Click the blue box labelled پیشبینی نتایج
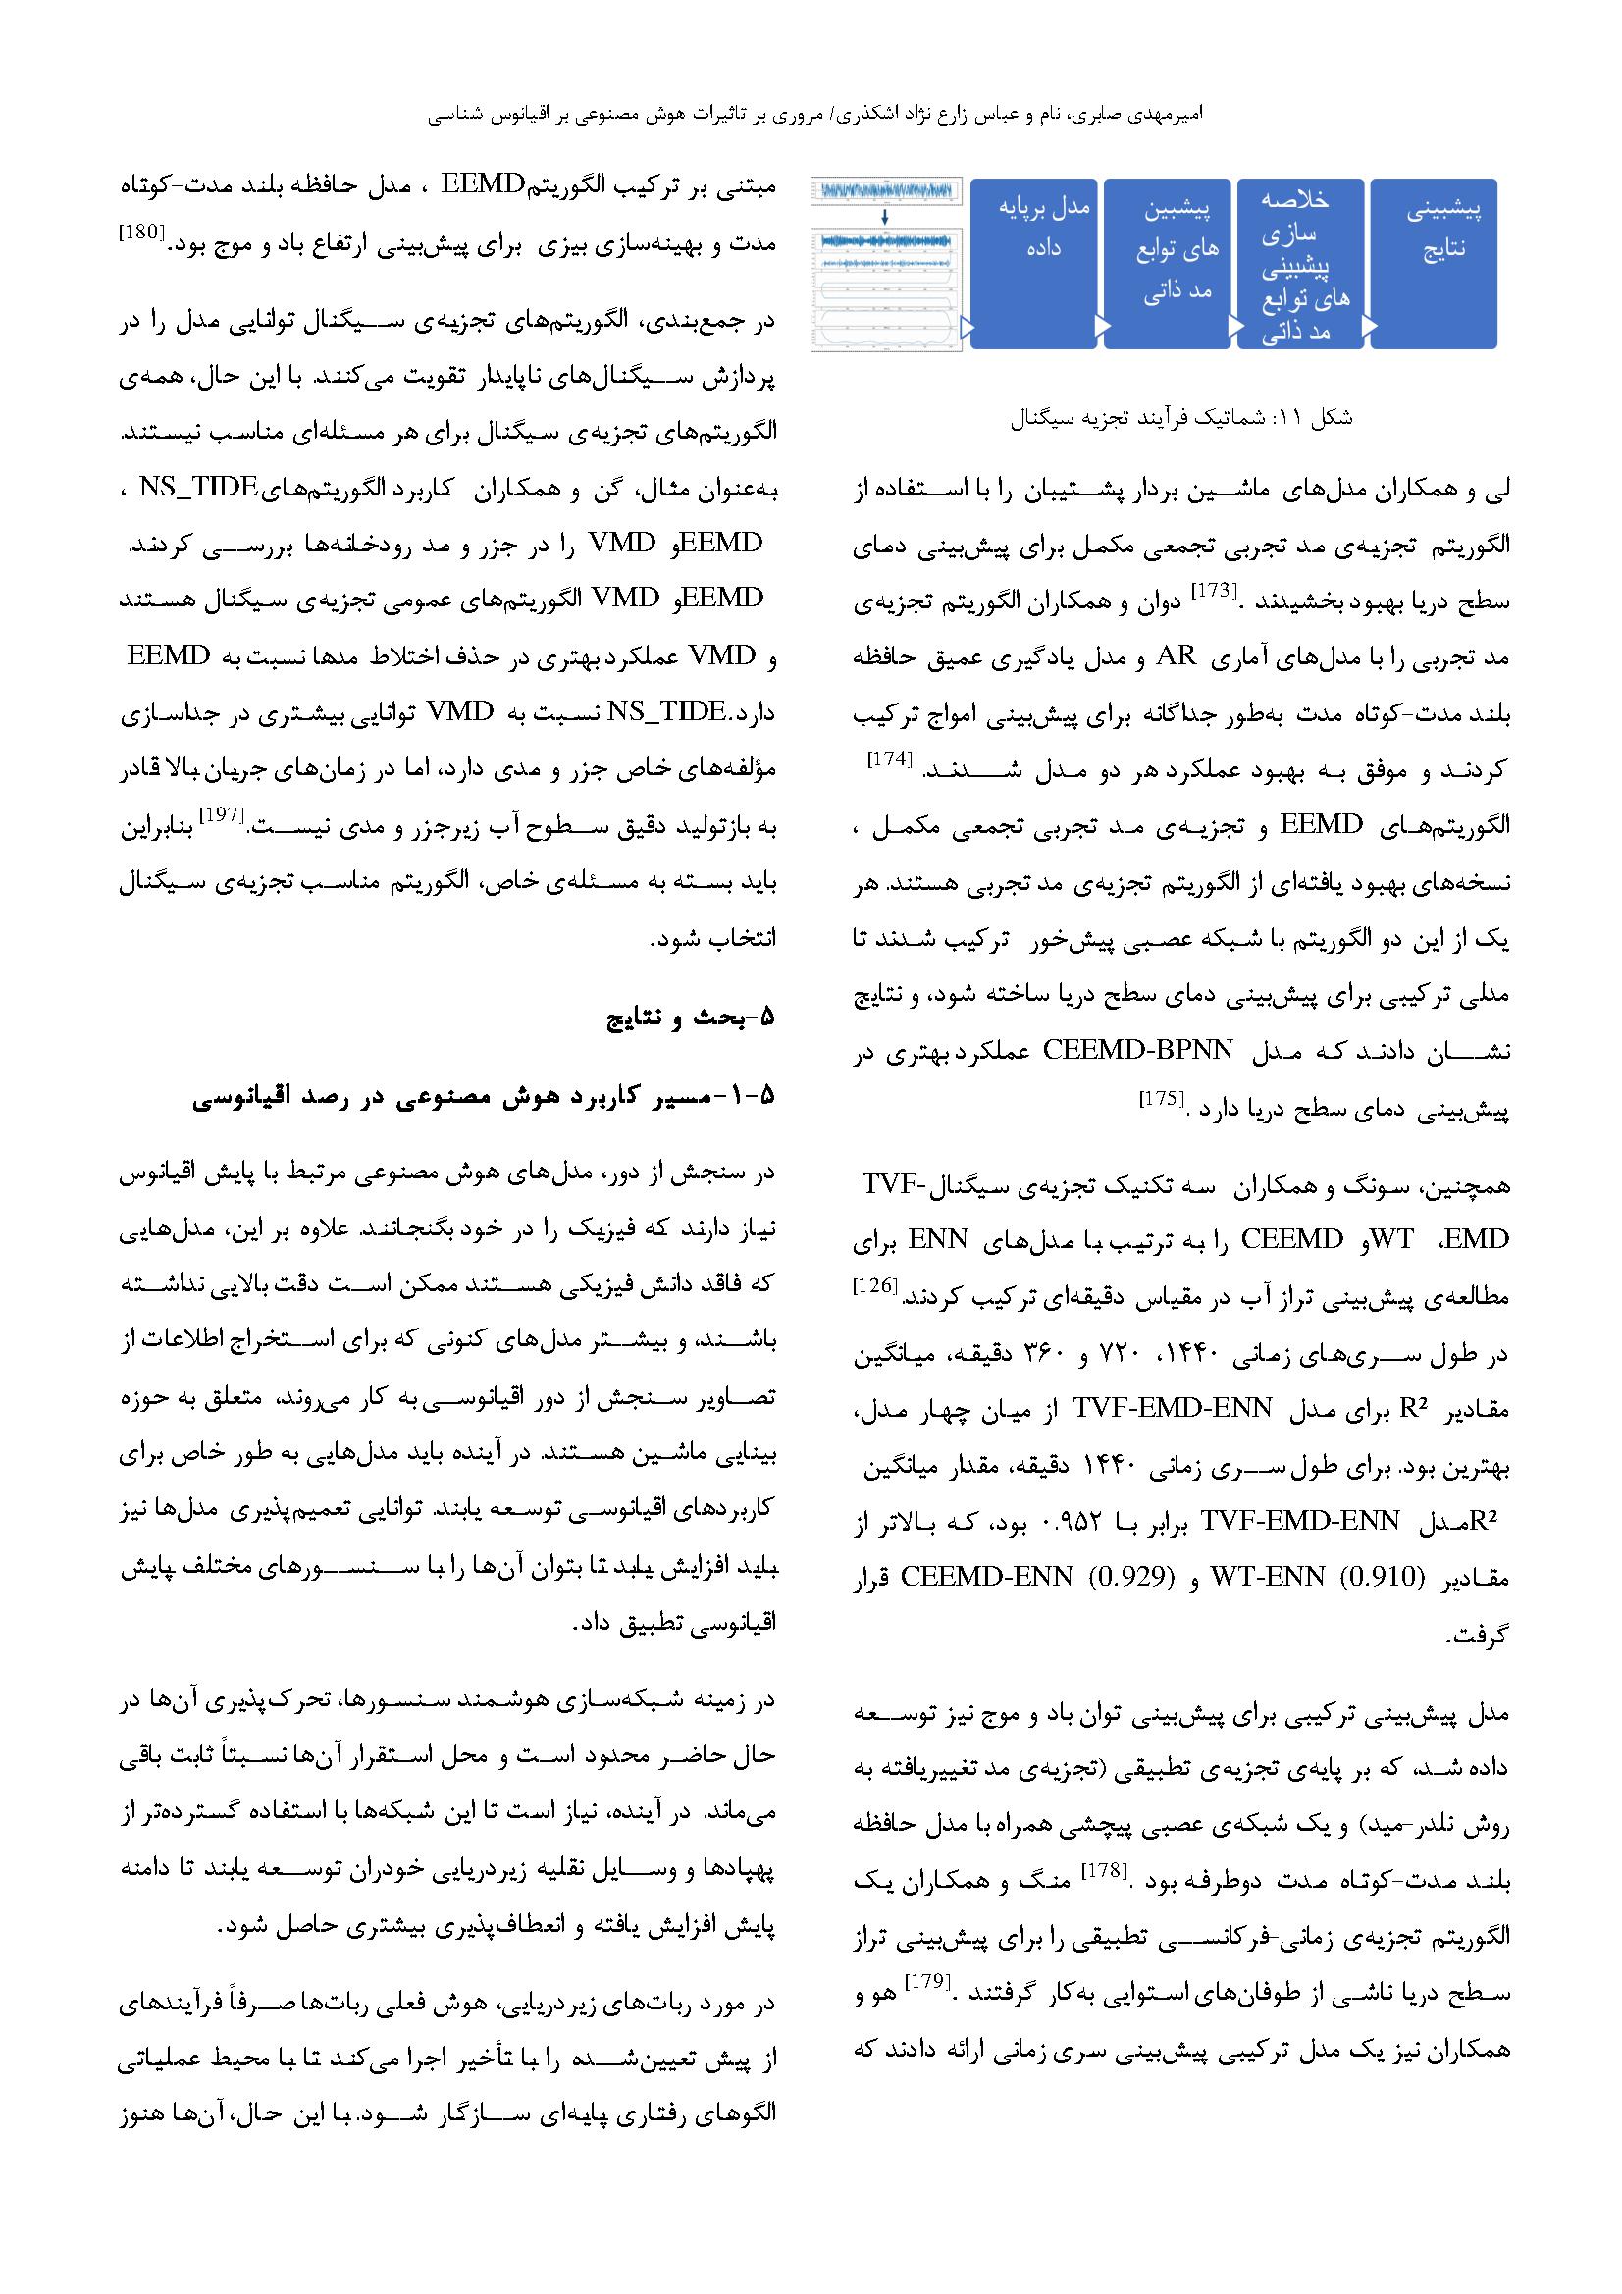coord(1434,264)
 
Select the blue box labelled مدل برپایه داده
coord(1034,264)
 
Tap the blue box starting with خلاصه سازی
coord(1300,264)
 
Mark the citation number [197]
coord(222,812)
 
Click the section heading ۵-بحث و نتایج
coord(692,1019)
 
